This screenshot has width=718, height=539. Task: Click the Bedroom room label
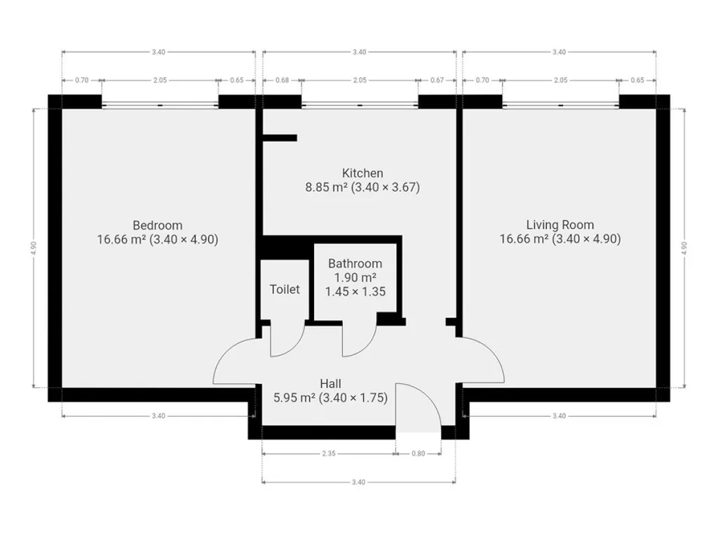pos(158,225)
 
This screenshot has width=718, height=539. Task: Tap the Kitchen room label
pos(363,173)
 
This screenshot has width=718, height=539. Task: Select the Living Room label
pos(560,225)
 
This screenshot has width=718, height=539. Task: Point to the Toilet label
pos(285,289)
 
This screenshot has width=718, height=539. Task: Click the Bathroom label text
pos(355,264)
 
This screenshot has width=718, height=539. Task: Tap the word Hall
pos(331,384)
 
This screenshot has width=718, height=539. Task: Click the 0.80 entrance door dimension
pos(418,454)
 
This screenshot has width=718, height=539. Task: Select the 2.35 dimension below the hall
pos(329,454)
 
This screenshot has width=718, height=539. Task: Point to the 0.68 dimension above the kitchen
pos(282,80)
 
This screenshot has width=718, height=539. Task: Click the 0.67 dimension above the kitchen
pos(437,80)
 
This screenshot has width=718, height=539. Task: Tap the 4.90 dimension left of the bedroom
pos(34,248)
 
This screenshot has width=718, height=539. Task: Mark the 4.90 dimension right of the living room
pos(684,248)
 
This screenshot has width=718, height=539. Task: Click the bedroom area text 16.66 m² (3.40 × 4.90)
pos(158,239)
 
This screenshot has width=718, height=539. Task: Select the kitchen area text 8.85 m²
pos(327,187)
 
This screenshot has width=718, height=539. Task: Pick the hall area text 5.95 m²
pos(294,398)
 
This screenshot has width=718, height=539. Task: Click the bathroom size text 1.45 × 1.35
pos(355,291)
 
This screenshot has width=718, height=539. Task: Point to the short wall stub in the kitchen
pos(280,138)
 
